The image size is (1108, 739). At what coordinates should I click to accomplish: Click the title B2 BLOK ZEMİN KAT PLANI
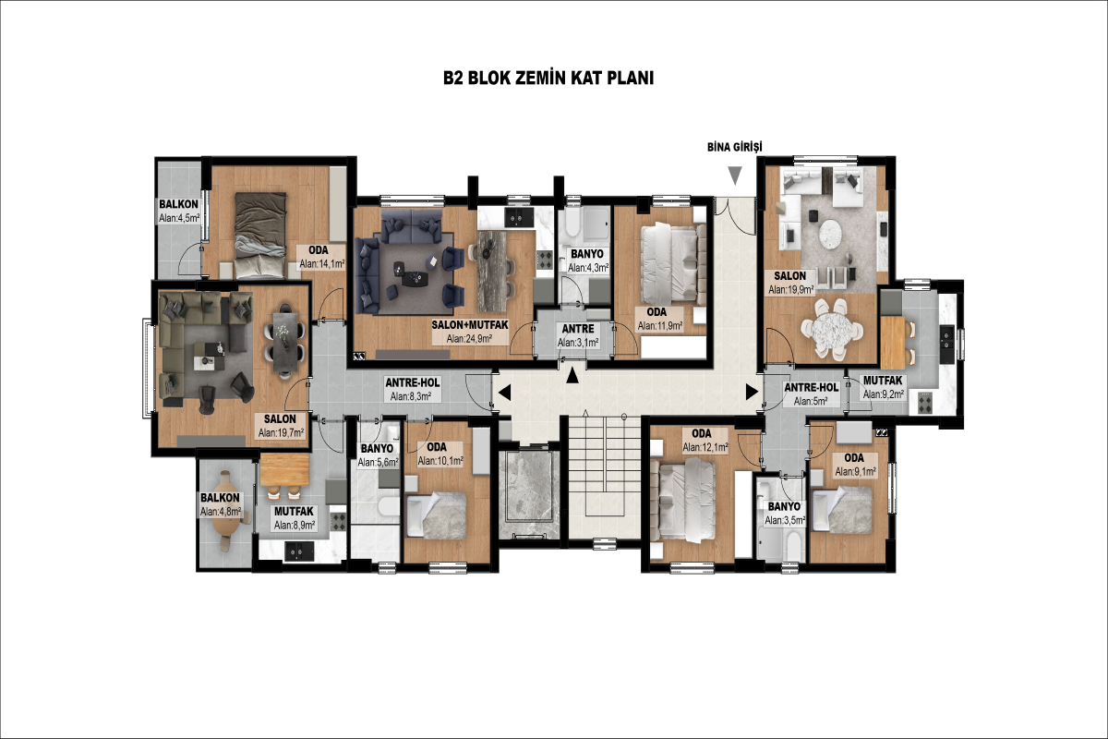tap(548, 79)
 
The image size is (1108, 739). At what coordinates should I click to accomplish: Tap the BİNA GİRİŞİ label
tap(735, 147)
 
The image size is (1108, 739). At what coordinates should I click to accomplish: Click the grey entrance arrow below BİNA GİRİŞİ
tap(735, 176)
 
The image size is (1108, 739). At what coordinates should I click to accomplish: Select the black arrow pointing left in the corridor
tap(504, 394)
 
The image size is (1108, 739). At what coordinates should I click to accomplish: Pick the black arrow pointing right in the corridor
tap(752, 392)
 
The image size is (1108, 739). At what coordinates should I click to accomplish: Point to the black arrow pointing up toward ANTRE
tap(572, 375)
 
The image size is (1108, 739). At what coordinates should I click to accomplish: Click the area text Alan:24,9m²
tap(469, 339)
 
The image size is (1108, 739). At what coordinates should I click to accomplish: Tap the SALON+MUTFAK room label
tap(470, 325)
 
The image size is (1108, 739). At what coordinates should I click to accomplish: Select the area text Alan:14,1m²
tap(322, 264)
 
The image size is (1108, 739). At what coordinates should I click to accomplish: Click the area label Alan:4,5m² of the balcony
tap(179, 218)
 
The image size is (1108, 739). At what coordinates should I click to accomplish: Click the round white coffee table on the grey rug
tap(829, 234)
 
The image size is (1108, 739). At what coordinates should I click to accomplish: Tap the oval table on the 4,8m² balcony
tap(227, 510)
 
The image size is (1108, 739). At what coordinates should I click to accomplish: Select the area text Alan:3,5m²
tap(785, 520)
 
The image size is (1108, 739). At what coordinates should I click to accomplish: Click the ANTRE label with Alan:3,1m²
tap(578, 329)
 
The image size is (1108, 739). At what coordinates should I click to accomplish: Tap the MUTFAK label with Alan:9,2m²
tap(883, 382)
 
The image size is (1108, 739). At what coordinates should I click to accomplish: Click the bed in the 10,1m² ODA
tap(436, 515)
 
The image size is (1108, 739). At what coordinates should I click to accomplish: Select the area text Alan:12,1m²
tap(705, 448)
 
